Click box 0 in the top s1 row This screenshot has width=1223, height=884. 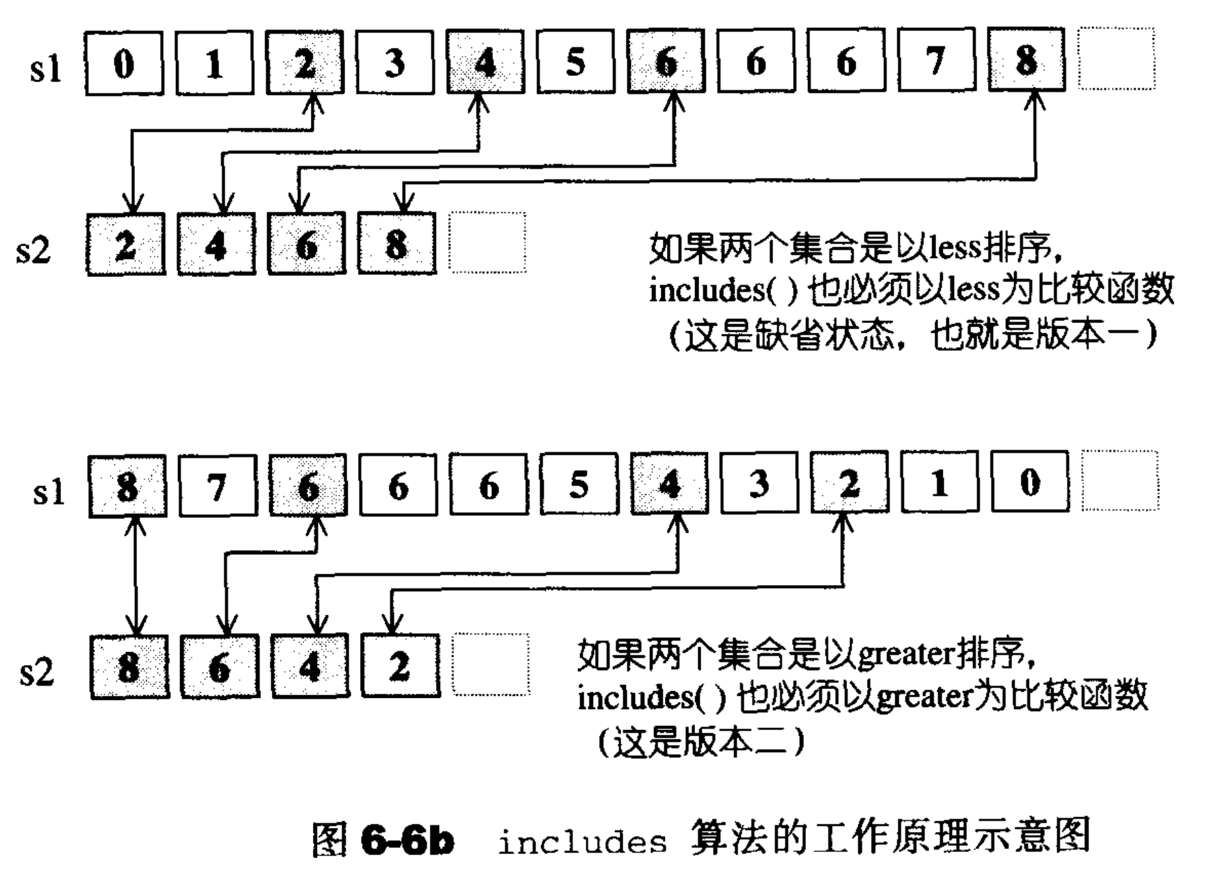tap(124, 64)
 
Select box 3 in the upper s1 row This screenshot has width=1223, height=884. tap(394, 63)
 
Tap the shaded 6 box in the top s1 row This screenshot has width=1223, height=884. tap(666, 62)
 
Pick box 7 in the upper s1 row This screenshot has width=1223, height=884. tap(936, 62)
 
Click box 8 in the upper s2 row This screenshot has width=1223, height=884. tap(396, 244)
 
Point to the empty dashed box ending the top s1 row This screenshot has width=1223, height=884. tap(1117, 59)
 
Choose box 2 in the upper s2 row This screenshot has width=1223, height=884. tap(126, 245)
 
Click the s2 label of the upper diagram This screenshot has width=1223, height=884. tap(34, 249)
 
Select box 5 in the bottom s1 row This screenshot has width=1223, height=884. tap(579, 484)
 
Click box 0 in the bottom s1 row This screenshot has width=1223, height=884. tap(1030, 482)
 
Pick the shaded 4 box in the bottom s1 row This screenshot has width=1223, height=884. tap(669, 484)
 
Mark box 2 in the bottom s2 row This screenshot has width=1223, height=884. tap(400, 666)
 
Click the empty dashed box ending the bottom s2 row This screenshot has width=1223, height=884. tap(490, 664)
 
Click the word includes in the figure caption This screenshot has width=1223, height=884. tap(582, 842)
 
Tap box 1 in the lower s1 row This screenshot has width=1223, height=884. tap(940, 482)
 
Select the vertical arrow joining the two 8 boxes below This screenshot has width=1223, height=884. tap(137, 575)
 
